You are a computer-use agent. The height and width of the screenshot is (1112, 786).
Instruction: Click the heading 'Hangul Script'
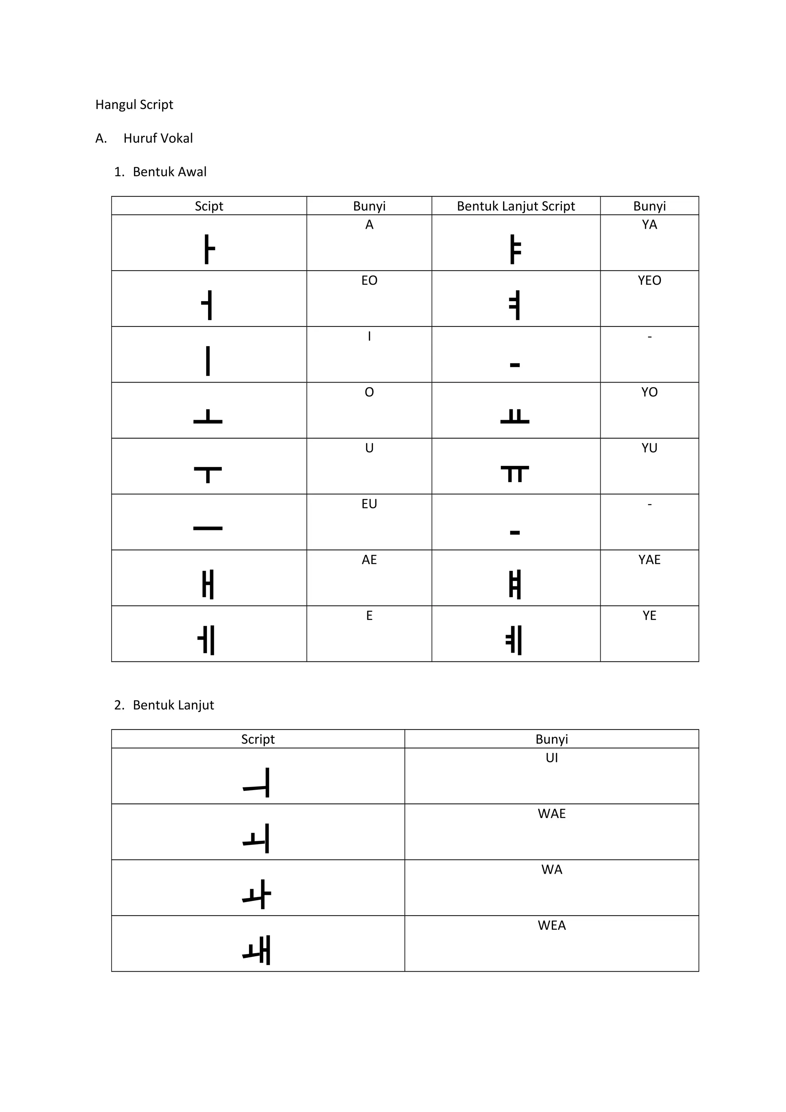(134, 105)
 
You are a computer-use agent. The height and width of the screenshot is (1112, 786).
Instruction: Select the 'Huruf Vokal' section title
(158, 139)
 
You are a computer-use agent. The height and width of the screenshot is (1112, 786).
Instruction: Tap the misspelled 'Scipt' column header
(209, 206)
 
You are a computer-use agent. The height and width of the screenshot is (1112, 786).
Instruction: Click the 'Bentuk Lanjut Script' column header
(516, 206)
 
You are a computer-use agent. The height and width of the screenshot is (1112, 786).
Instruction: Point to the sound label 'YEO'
(649, 280)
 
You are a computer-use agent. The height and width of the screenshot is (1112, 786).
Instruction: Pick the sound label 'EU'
(369, 504)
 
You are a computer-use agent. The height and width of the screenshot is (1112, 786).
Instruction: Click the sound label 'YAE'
(649, 560)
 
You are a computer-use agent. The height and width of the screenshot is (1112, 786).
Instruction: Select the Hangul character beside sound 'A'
(209, 249)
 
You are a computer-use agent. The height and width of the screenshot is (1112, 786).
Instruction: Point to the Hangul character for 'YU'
(515, 474)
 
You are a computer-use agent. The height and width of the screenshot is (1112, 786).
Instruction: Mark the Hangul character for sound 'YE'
(514, 640)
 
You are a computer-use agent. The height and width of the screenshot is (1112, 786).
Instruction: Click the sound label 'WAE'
(552, 813)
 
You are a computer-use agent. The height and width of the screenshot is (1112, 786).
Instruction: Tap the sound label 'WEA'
(552, 926)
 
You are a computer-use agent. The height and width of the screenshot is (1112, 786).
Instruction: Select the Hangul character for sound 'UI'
(257, 783)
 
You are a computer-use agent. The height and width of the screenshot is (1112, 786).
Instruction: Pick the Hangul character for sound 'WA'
(257, 894)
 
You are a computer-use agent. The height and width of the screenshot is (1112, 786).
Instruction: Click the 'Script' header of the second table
(258, 739)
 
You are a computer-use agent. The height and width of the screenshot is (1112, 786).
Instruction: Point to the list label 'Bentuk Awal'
(170, 172)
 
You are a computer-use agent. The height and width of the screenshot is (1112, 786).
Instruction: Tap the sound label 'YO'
(649, 392)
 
